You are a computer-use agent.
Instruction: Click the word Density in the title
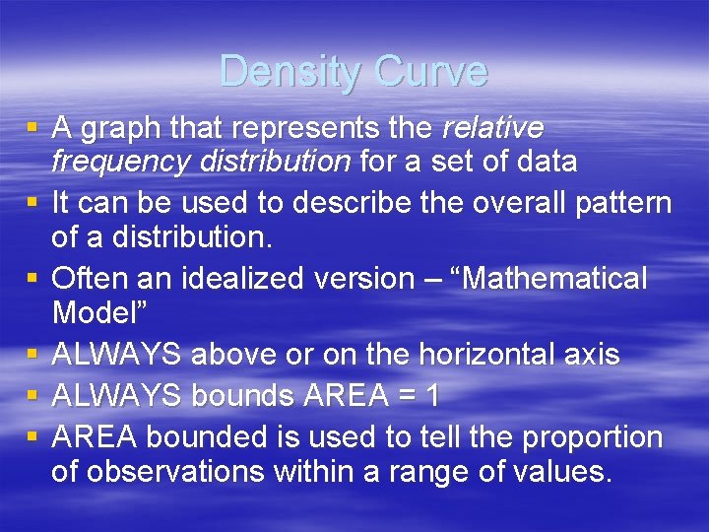point(287,72)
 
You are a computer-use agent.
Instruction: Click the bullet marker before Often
point(33,280)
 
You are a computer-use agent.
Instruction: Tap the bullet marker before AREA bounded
point(33,436)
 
